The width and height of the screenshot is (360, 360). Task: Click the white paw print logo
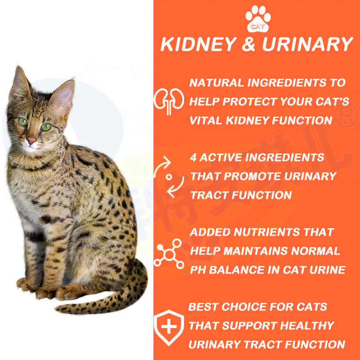point(258,19)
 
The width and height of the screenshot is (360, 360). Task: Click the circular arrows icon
point(169,177)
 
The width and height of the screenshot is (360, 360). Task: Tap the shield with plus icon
point(169,327)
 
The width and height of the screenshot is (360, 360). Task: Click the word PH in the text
point(198,270)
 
